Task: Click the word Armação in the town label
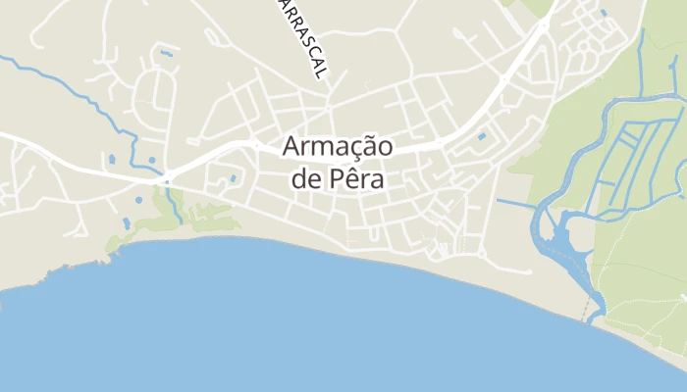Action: tap(338, 148)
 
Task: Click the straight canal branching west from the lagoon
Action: tap(515, 205)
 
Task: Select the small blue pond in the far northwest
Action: tap(167, 52)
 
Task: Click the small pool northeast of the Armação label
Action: tap(482, 136)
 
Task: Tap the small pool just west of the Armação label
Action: tap(233, 178)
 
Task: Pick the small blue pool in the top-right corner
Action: tap(603, 13)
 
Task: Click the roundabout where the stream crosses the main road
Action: tap(168, 178)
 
